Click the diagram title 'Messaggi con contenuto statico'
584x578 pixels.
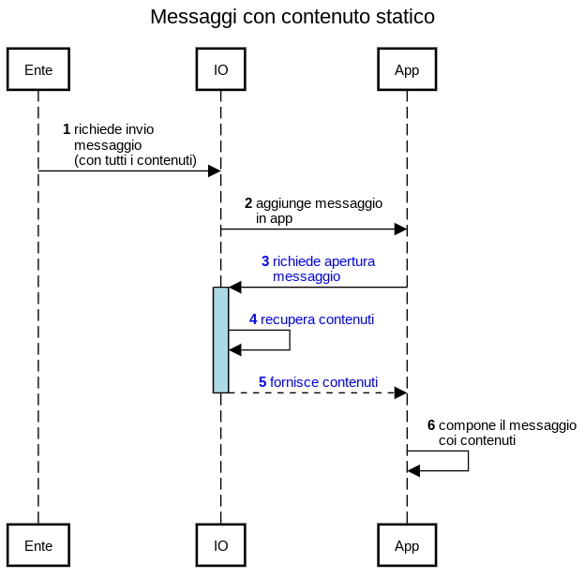click(292, 17)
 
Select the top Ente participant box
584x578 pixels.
click(38, 69)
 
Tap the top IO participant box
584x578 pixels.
click(220, 69)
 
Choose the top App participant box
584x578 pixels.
click(407, 69)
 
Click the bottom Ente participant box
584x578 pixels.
click(38, 545)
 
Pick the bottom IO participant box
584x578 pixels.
click(220, 545)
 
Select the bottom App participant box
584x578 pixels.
click(407, 545)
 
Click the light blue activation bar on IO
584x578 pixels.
click(220, 339)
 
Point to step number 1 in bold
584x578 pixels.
click(67, 129)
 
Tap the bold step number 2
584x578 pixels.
click(248, 203)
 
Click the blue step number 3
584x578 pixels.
click(265, 261)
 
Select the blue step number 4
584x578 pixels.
click(253, 319)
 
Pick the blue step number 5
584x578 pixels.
click(262, 382)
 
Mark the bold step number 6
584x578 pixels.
click(431, 425)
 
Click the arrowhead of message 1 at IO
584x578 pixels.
click(214, 170)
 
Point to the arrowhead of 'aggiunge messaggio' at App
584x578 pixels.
click(400, 229)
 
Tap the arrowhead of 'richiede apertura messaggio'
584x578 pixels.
click(235, 287)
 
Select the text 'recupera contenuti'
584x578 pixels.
click(318, 319)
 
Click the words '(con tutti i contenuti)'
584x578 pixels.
click(135, 160)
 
